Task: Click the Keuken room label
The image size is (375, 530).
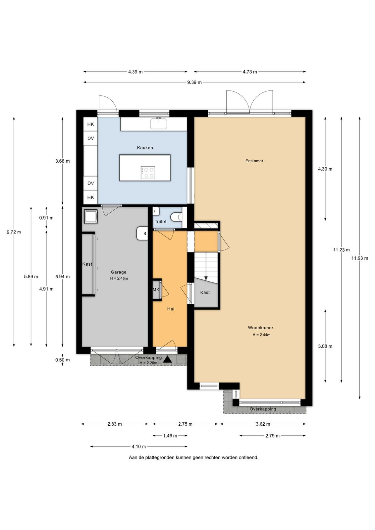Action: [145, 148]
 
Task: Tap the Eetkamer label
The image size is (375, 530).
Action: [254, 161]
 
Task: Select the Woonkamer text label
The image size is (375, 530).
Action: [260, 328]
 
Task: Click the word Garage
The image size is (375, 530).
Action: [119, 272]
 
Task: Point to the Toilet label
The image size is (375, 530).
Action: [161, 222]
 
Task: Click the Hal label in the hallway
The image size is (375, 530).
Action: [171, 309]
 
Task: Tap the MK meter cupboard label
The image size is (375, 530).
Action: [156, 290]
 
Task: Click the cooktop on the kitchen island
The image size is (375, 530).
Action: [148, 173]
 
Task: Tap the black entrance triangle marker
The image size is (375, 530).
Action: [168, 359]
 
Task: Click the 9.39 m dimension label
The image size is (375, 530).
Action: [194, 82]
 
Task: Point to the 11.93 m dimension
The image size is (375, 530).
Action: [360, 258]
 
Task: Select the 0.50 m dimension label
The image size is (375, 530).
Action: [63, 360]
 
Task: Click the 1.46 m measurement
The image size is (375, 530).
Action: [170, 436]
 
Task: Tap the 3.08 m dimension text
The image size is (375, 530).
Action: [325, 346]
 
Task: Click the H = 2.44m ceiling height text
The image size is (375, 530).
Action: [261, 335]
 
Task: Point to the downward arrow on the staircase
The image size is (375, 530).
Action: [206, 278]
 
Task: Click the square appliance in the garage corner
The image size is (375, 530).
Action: [91, 217]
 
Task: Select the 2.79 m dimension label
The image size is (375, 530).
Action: [272, 436]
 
